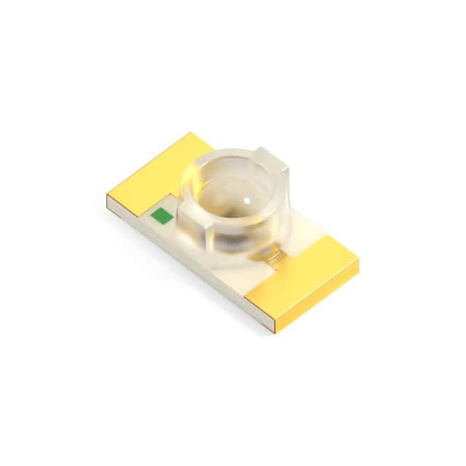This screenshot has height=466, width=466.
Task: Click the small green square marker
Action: [x=162, y=216]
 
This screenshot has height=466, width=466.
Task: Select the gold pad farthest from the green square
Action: [x=306, y=277]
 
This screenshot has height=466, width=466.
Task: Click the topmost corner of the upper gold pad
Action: [x=193, y=133]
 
